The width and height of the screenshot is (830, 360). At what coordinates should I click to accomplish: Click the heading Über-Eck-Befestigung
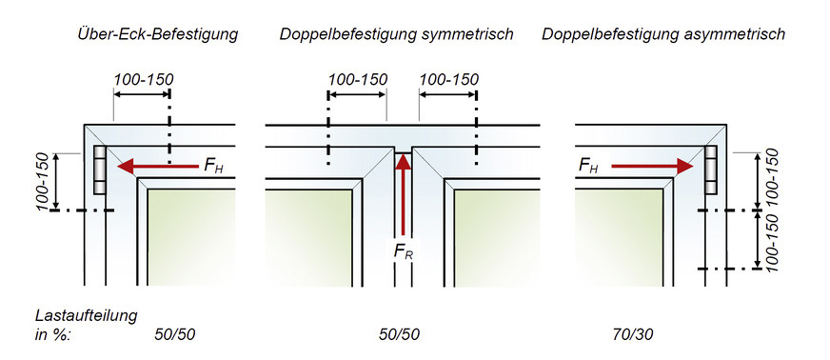(x=158, y=35)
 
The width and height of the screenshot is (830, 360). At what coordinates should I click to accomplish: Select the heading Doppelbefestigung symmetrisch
(x=397, y=35)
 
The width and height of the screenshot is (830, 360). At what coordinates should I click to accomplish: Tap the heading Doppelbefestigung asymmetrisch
(x=663, y=35)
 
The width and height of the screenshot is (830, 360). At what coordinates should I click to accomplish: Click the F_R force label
(x=404, y=252)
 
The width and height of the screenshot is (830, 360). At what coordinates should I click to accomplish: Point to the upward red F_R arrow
(x=404, y=195)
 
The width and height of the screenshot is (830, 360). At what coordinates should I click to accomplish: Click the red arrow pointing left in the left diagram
(x=157, y=166)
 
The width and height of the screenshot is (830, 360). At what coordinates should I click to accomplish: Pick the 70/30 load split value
(x=633, y=334)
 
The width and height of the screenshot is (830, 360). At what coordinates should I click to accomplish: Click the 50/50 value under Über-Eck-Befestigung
(x=175, y=334)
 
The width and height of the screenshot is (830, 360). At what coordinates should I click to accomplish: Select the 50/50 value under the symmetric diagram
(x=399, y=334)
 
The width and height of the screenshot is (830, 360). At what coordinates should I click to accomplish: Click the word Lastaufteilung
(x=86, y=314)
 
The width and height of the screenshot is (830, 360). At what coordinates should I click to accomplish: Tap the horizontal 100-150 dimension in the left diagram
(x=143, y=78)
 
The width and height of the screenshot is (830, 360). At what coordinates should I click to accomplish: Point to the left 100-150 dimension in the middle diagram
(x=357, y=78)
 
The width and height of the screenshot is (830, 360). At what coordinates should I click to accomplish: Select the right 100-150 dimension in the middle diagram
(x=447, y=78)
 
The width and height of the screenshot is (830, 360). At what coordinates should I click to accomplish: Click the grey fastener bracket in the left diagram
(x=100, y=170)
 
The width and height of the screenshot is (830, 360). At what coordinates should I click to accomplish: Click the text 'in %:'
(x=53, y=334)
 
